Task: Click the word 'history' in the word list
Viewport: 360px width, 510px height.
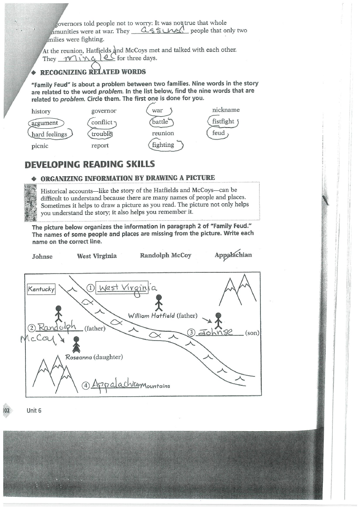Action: (41, 111)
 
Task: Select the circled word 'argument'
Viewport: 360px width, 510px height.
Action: (44, 123)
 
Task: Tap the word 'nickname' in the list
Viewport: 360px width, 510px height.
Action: (226, 110)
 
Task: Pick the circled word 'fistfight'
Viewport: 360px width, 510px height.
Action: (223, 121)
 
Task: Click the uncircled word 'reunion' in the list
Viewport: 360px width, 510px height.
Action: (163, 133)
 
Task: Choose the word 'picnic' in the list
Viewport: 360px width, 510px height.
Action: (40, 146)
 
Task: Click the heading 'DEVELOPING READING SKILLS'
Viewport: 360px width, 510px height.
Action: (89, 164)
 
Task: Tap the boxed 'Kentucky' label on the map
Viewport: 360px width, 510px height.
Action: (41, 289)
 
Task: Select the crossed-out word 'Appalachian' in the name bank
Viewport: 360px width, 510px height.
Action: (233, 255)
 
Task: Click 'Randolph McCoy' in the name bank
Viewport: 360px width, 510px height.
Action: (165, 255)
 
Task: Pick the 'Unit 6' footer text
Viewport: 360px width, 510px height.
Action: (34, 410)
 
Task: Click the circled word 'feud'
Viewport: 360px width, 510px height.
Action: (218, 133)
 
